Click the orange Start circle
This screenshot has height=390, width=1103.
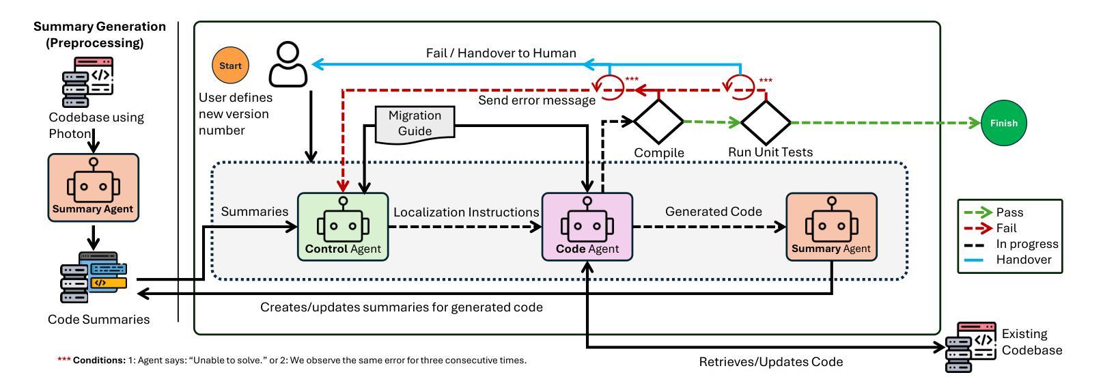(x=230, y=66)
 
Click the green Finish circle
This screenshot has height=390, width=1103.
(x=1003, y=124)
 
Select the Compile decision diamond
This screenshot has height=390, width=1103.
(x=658, y=122)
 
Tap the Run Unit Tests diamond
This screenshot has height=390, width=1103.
(x=766, y=123)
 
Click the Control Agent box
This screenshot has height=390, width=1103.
(x=343, y=227)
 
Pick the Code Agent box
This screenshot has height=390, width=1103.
(x=587, y=227)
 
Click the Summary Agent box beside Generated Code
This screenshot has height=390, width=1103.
(x=831, y=227)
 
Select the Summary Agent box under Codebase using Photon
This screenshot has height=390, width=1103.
(x=94, y=187)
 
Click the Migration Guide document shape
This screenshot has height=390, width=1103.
(x=415, y=124)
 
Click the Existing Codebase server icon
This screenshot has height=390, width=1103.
(x=971, y=347)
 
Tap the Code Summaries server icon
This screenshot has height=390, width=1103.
(x=94, y=277)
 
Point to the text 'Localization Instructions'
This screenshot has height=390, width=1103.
(x=466, y=212)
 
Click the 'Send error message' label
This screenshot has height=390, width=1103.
(x=536, y=101)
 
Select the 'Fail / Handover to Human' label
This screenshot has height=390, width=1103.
(x=501, y=53)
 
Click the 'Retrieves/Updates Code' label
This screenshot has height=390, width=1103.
(x=770, y=362)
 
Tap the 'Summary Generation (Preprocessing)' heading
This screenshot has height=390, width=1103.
(x=100, y=34)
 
